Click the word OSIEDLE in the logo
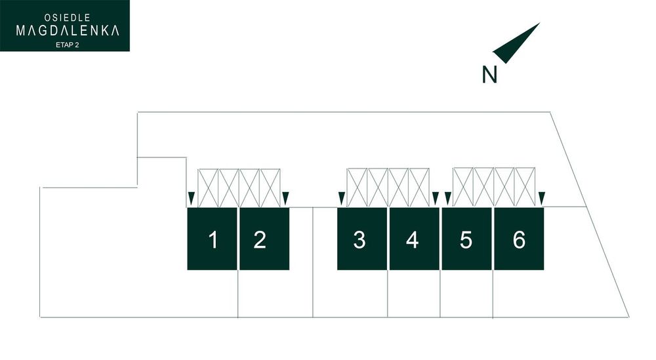click(x=68, y=18)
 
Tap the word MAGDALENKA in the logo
click(x=68, y=31)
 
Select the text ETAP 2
click(x=68, y=45)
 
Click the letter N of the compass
click(x=489, y=74)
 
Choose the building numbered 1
click(x=212, y=239)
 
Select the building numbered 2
click(x=264, y=239)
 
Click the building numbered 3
click(x=362, y=239)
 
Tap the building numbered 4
click(x=415, y=239)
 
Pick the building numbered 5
click(x=467, y=239)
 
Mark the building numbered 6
click(x=519, y=239)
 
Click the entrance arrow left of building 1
click(x=191, y=199)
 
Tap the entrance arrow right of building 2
click(x=286, y=199)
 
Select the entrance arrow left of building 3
click(x=341, y=199)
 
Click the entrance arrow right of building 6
click(x=542, y=199)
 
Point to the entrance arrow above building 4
click(x=436, y=199)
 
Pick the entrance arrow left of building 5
click(x=447, y=199)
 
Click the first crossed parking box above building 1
click(x=208, y=188)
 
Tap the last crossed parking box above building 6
click(x=525, y=187)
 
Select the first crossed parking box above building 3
click(x=358, y=188)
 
